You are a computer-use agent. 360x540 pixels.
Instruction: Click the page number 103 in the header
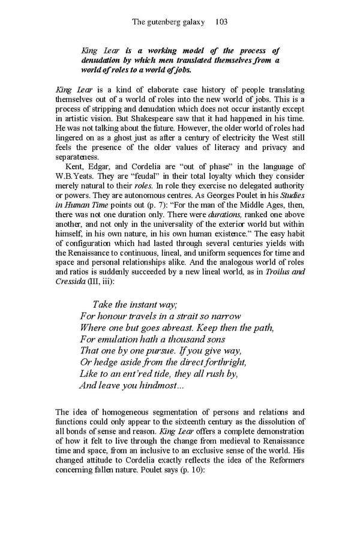click(x=220, y=22)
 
